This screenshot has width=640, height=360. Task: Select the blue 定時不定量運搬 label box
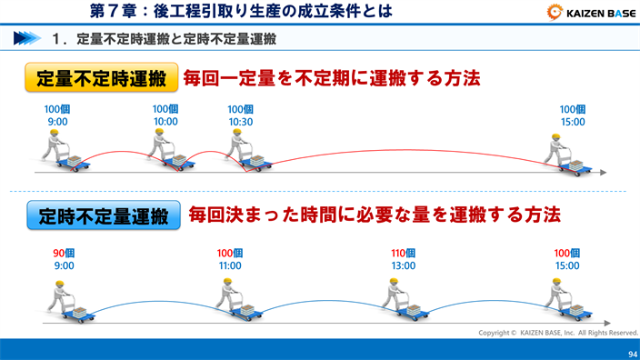click(104, 215)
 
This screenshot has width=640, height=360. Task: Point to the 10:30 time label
click(240, 122)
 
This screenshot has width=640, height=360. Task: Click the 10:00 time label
click(165, 122)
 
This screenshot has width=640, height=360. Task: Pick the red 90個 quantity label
click(64, 254)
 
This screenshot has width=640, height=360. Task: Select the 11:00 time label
click(230, 266)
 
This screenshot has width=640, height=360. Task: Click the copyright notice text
click(557, 333)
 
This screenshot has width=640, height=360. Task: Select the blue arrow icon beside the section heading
click(26, 39)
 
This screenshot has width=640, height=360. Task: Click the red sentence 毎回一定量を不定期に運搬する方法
click(332, 78)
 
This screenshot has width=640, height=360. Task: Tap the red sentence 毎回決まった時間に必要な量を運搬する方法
click(374, 215)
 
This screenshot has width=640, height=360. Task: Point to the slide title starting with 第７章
click(242, 12)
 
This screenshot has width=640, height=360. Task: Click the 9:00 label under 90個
click(64, 266)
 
